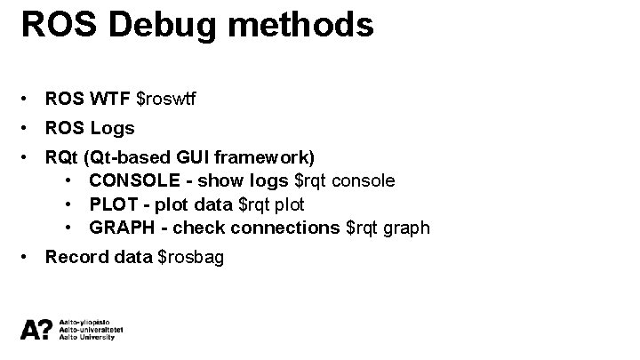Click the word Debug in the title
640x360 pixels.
point(168,25)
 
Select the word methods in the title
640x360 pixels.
point(303,23)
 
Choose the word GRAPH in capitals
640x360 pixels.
point(122,228)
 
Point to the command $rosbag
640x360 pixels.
point(190,258)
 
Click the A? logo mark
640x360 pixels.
point(36,329)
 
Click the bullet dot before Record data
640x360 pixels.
point(30,258)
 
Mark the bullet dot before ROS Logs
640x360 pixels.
point(30,128)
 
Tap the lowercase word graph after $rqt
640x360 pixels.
point(410,228)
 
